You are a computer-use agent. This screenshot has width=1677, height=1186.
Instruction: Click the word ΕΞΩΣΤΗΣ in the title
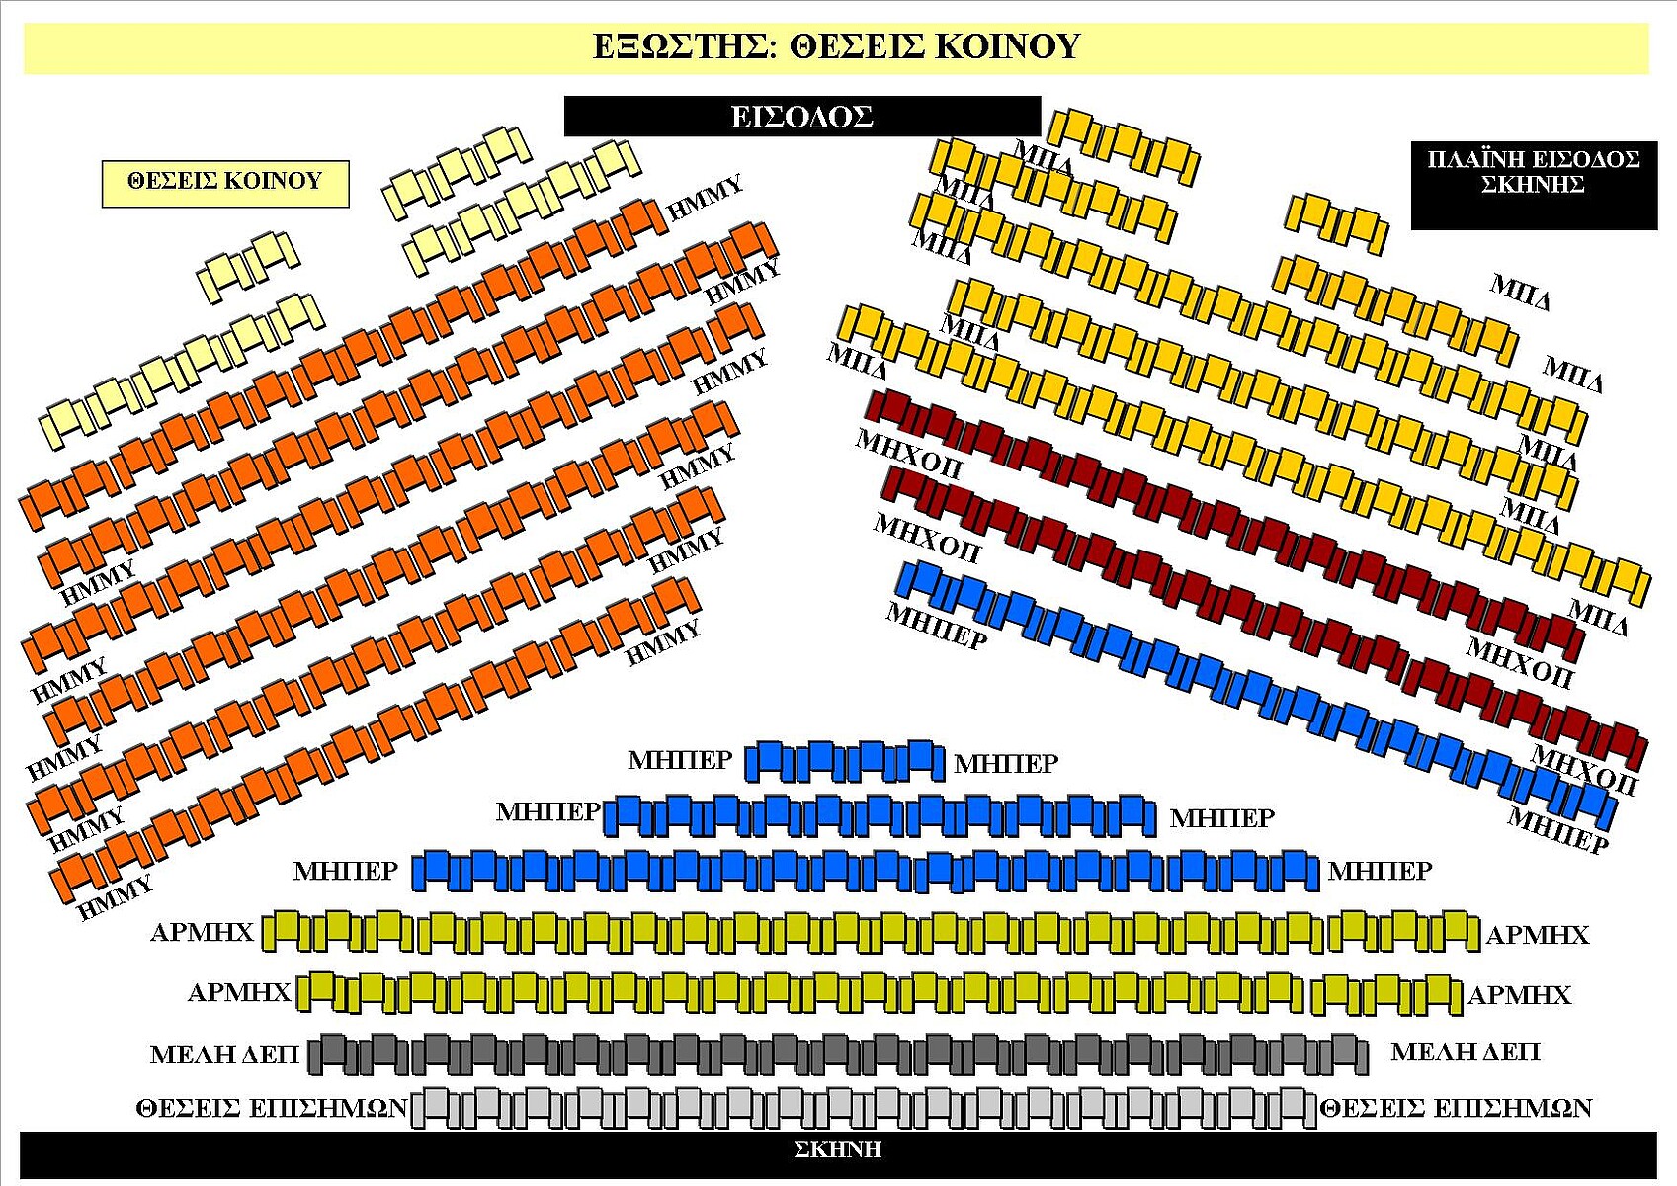tap(681, 46)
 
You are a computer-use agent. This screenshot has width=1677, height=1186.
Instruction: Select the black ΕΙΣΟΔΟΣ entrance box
tap(801, 117)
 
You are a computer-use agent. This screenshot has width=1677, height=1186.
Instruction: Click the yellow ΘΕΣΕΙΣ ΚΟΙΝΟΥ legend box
tap(225, 182)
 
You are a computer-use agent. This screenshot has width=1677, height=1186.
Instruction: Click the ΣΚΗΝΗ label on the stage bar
tap(837, 1149)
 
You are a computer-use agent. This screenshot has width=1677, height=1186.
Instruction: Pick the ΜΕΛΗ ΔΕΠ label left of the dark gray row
tap(224, 1055)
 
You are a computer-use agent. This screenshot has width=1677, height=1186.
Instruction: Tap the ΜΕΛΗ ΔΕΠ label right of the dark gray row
tap(1465, 1053)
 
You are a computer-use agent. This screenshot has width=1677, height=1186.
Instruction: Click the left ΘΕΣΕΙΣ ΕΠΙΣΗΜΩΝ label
tap(272, 1108)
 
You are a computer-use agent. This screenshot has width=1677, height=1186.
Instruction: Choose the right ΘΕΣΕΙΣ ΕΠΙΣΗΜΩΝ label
tap(1456, 1108)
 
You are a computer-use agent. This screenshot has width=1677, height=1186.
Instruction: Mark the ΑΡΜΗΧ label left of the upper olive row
tap(202, 932)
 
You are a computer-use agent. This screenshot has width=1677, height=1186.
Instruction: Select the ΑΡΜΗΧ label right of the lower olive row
tap(1519, 995)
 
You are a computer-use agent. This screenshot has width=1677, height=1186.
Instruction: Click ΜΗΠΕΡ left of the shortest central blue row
tap(680, 760)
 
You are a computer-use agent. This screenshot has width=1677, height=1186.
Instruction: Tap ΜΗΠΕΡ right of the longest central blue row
tap(1380, 871)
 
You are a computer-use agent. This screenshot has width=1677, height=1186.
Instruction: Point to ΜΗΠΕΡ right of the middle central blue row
tap(1221, 818)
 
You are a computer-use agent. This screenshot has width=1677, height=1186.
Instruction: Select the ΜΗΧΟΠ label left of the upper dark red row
tap(908, 454)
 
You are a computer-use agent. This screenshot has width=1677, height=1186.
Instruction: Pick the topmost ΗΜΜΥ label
tap(705, 199)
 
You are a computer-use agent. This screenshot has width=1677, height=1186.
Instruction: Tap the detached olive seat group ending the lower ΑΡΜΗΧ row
tap(1385, 993)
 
